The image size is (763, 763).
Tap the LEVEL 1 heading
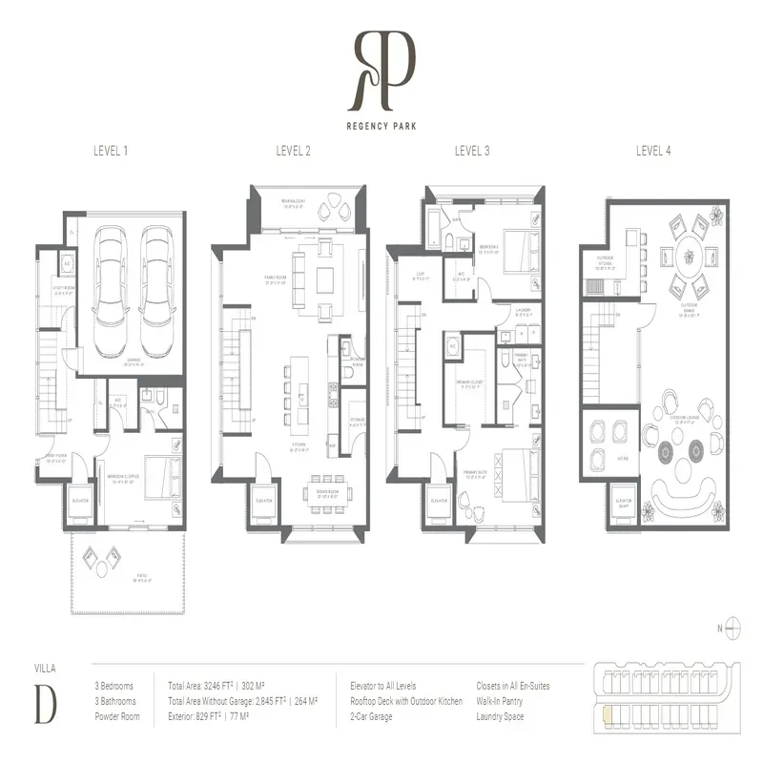coord(112,151)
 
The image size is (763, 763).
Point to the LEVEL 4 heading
coord(653,151)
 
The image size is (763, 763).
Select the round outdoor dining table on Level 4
coord(686,259)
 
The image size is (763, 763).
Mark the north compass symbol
coord(733,627)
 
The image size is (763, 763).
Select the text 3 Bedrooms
coord(113,686)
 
